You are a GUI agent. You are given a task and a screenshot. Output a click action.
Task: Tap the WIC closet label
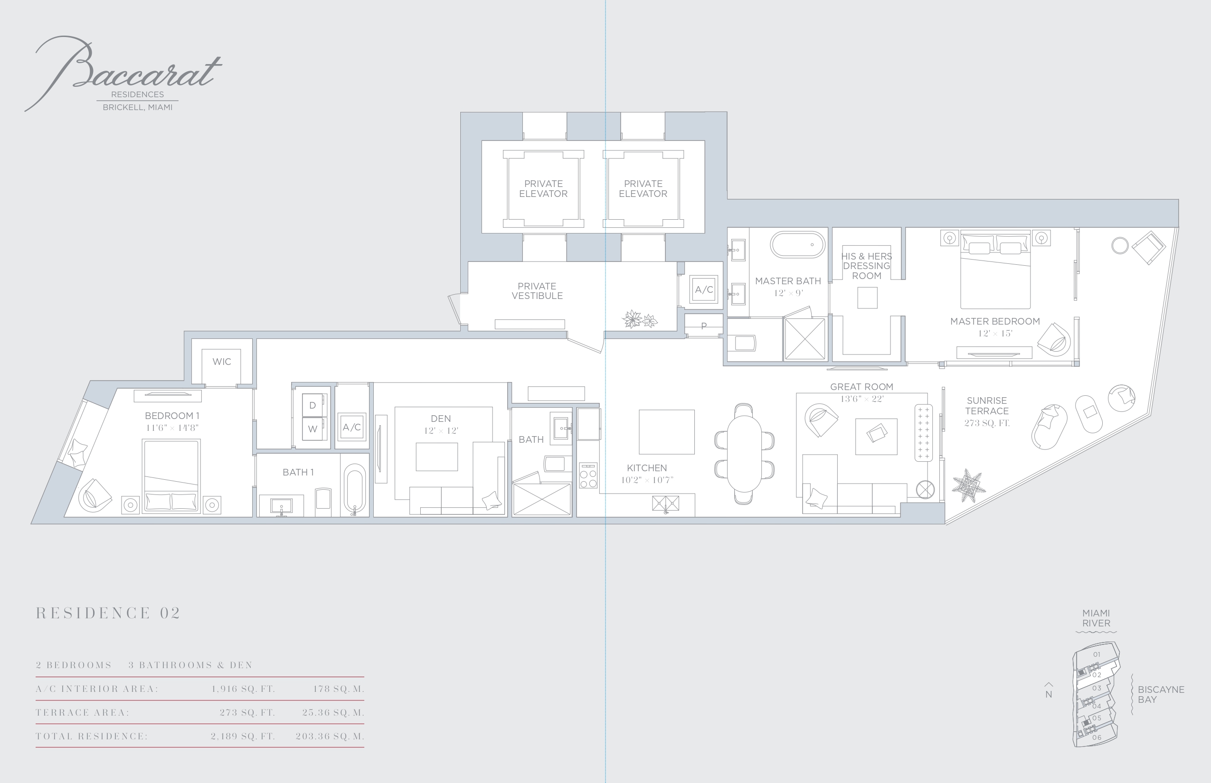pyautogui.click(x=222, y=362)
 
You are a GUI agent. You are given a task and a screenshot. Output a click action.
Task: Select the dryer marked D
pyautogui.click(x=312, y=405)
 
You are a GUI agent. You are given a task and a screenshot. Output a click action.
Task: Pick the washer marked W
pyautogui.click(x=312, y=429)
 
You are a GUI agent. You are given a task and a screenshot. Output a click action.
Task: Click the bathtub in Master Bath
pyautogui.click(x=798, y=245)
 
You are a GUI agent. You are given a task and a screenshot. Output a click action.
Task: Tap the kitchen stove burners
pyautogui.click(x=588, y=475)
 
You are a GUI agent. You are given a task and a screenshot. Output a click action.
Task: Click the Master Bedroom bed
pyautogui.click(x=995, y=270)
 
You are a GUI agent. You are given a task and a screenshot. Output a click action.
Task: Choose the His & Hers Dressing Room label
pyautogui.click(x=867, y=266)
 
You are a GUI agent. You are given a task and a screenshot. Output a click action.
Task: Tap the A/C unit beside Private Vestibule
pyautogui.click(x=704, y=289)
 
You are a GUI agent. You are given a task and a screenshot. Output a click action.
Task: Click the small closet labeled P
pyautogui.click(x=704, y=326)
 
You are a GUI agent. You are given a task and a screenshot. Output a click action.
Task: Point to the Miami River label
pyautogui.click(x=1096, y=618)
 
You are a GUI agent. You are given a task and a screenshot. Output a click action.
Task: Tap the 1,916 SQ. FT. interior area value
pyautogui.click(x=243, y=689)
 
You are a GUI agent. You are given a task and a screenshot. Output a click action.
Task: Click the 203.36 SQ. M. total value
pyautogui.click(x=330, y=736)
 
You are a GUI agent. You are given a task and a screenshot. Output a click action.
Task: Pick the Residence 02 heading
pyautogui.click(x=108, y=613)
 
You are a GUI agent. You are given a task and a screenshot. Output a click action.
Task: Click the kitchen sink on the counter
pyautogui.click(x=665, y=504)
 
